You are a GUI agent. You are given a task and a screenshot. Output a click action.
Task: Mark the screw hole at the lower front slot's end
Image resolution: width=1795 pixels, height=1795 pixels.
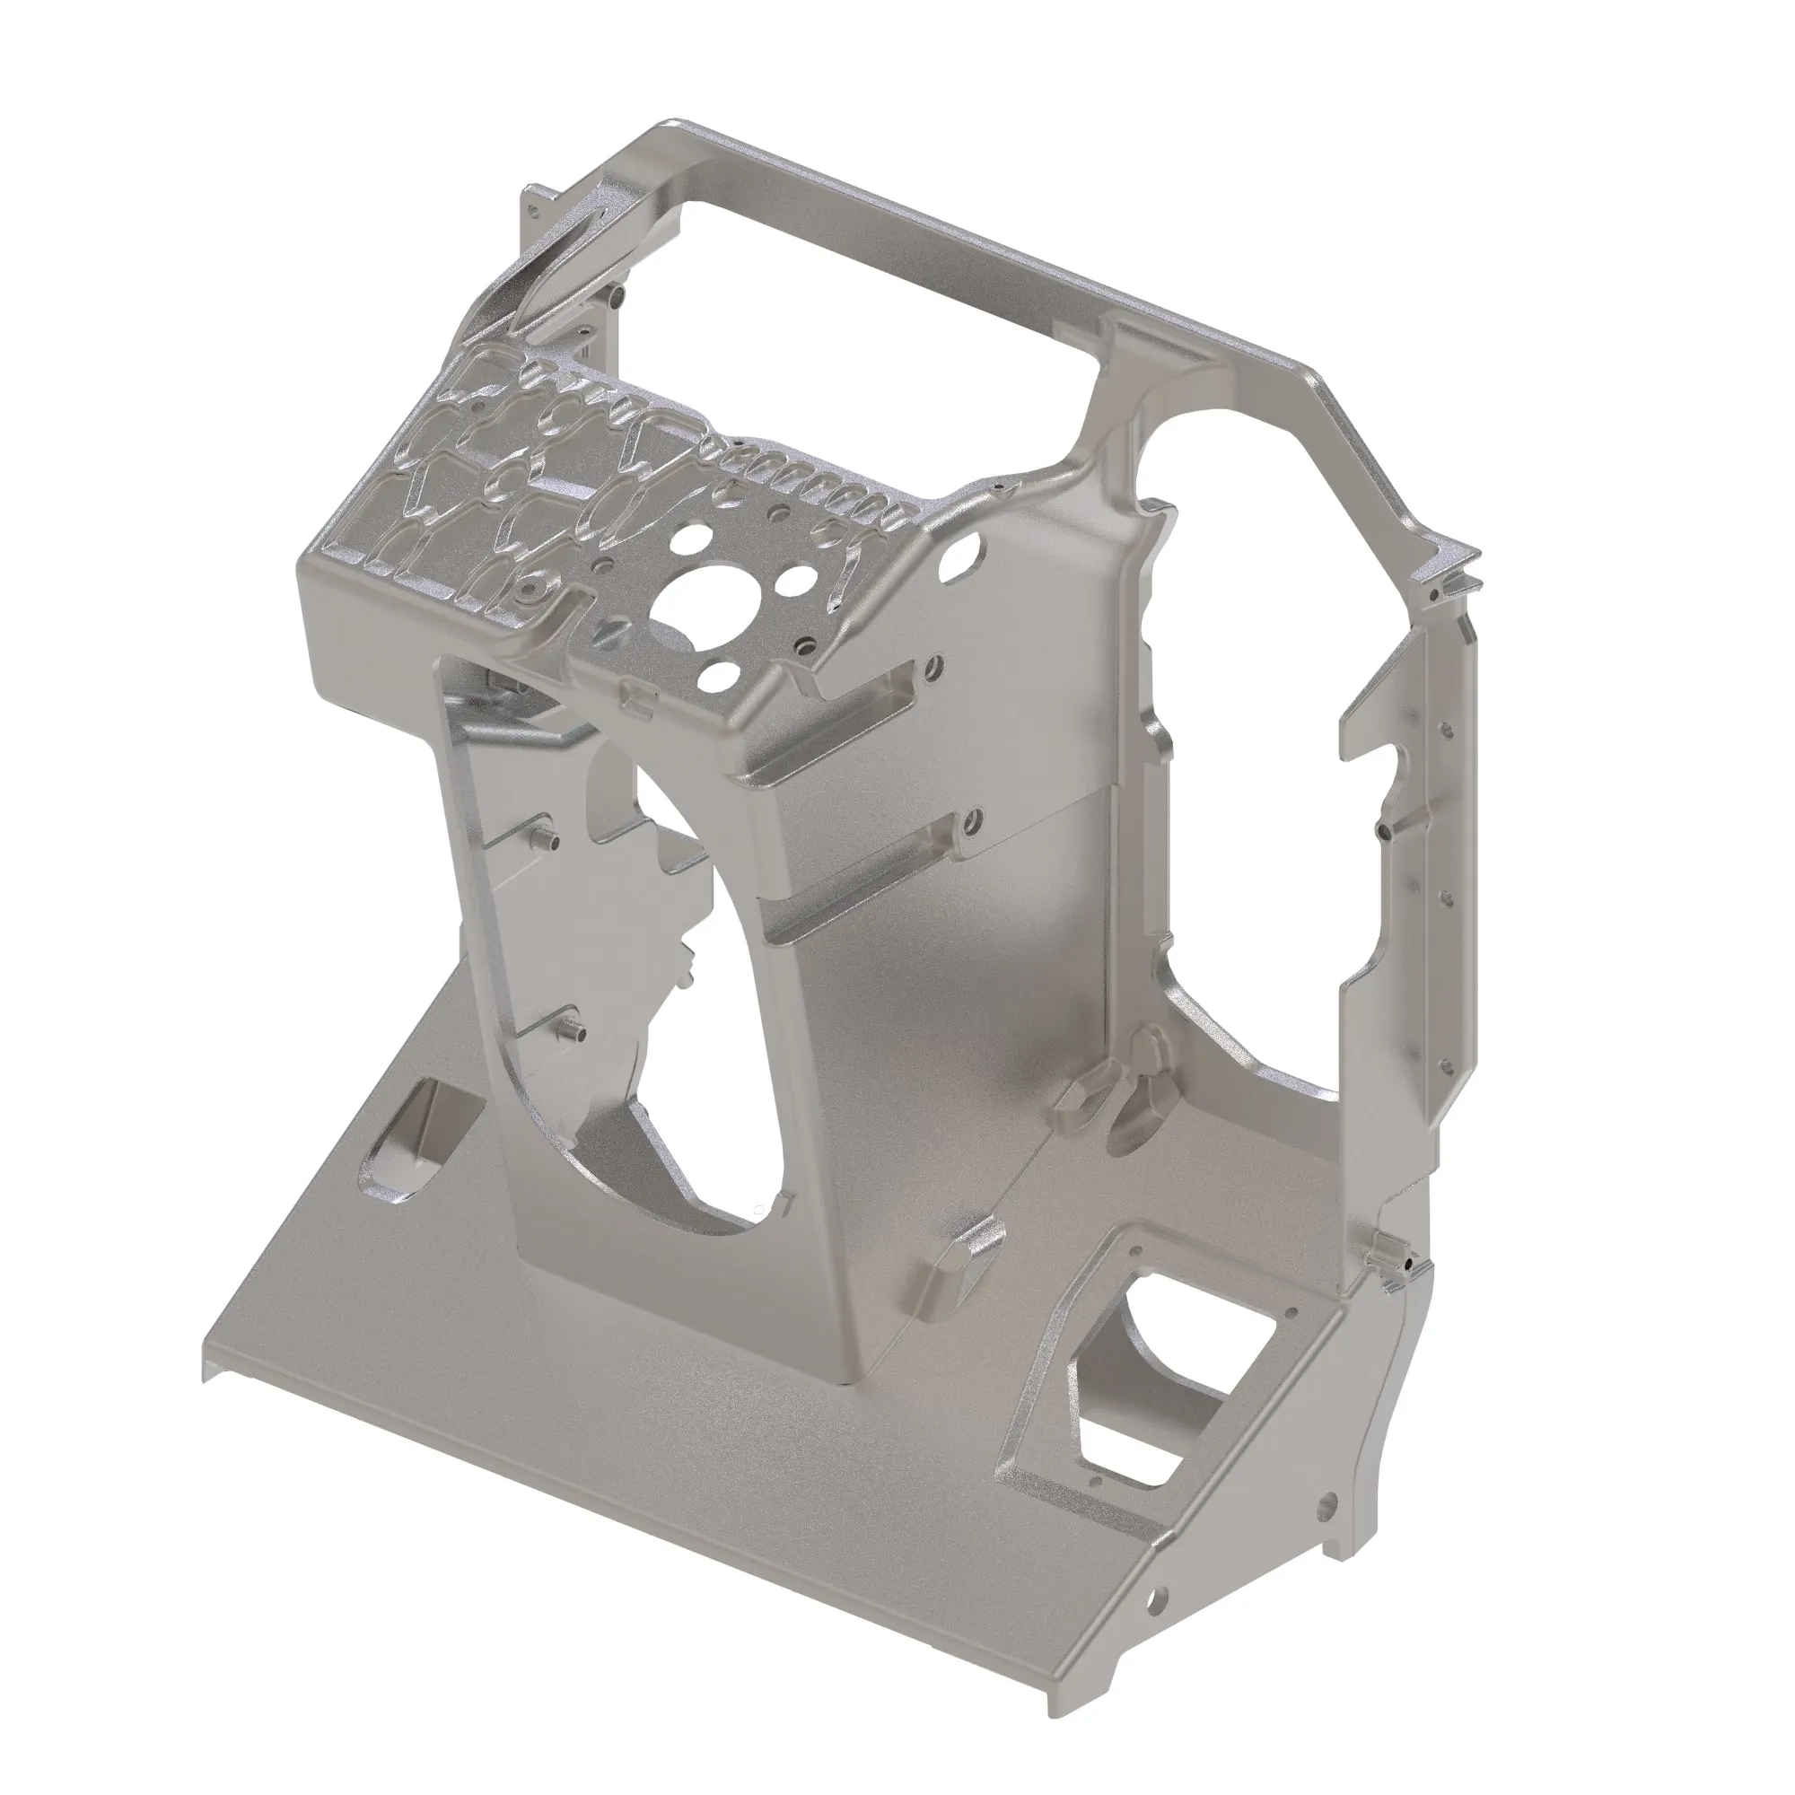click(x=972, y=821)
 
